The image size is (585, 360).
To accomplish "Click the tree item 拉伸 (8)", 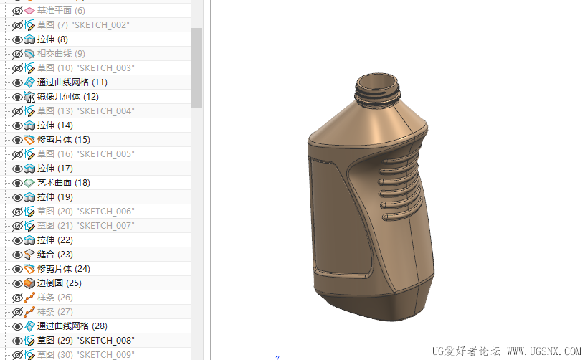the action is point(52,39).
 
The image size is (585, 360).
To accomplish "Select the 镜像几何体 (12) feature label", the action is point(68,97).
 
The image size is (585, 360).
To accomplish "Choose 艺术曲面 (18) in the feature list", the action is point(63,183).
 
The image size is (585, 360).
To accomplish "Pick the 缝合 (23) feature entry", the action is point(54,255).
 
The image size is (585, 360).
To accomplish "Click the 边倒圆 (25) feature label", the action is point(59,283).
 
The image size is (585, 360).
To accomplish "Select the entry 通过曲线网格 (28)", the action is point(72,326).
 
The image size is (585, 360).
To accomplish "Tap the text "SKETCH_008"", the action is point(105,340).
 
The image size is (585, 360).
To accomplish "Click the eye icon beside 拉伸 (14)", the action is point(17,125).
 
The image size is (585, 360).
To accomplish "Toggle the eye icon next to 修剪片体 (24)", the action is point(17,269).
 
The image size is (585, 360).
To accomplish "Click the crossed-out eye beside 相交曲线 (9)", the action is point(17,54).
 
